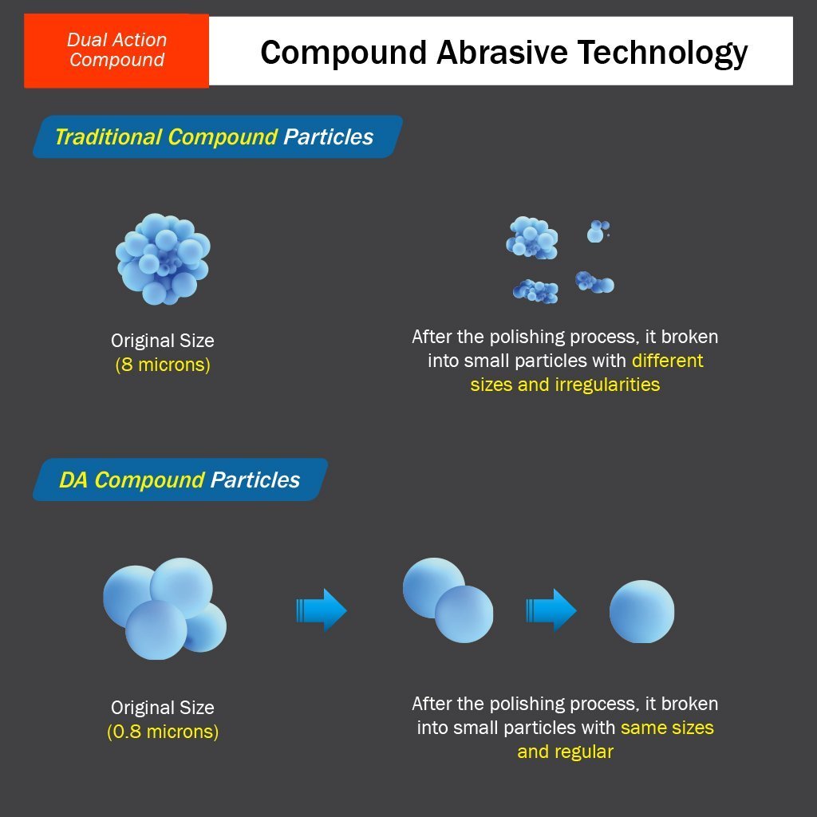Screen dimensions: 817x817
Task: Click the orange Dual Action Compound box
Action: point(116,50)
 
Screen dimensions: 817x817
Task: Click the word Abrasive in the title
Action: point(502,52)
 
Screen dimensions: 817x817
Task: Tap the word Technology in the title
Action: point(662,53)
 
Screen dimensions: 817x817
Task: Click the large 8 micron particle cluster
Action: point(163,259)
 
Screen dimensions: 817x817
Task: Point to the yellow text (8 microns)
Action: point(163,365)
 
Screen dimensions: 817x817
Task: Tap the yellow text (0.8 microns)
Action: point(163,732)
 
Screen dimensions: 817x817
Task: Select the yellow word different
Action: point(668,361)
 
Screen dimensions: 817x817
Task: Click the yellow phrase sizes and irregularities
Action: point(565,385)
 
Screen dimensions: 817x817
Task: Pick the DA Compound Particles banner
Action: point(180,480)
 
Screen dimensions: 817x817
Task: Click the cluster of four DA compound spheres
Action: point(164,609)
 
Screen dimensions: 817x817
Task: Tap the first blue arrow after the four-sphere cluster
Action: point(322,610)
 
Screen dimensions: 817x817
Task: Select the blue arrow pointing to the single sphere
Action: point(551,610)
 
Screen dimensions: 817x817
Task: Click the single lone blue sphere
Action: point(642,612)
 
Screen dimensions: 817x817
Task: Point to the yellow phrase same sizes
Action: point(667,728)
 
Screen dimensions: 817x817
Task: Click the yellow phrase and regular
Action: point(566,752)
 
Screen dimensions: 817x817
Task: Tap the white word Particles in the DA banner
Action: point(255,480)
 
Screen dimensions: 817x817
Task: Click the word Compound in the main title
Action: point(344,53)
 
